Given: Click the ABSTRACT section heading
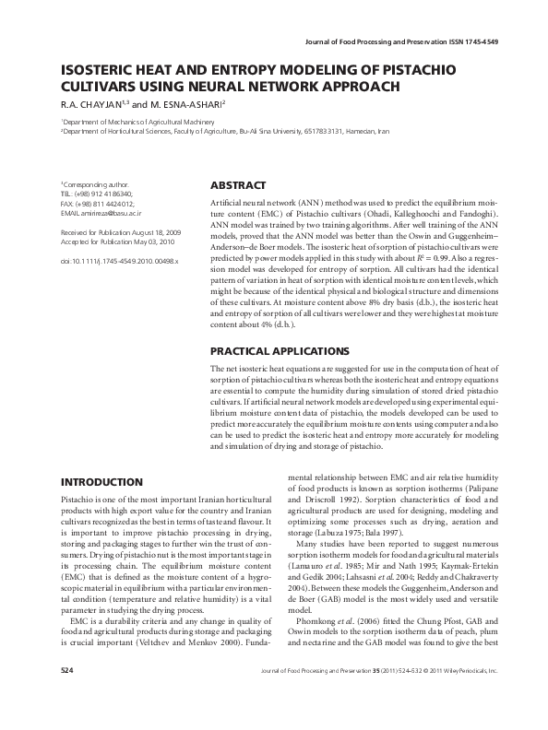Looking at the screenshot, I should click(238, 185).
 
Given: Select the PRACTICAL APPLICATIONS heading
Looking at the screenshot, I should click(280, 351).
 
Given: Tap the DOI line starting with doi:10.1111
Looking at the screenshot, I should click(119, 262).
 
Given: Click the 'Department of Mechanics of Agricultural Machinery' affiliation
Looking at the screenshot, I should click(134, 122).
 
